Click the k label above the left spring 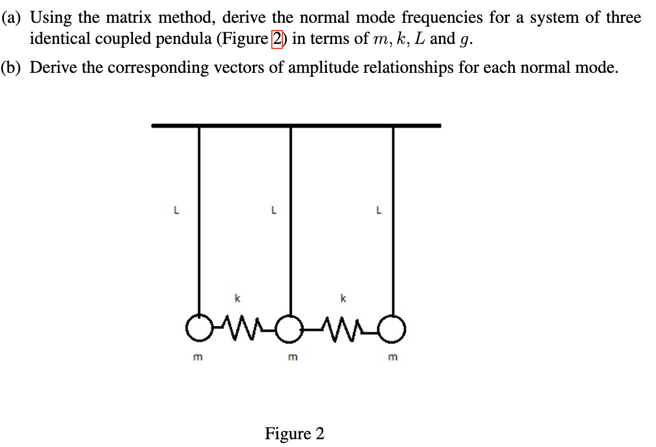[x=237, y=299]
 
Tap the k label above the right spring [x=343, y=299]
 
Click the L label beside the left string [x=176, y=211]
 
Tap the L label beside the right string [x=379, y=211]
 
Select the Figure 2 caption [x=294, y=433]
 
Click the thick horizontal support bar [x=296, y=126]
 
